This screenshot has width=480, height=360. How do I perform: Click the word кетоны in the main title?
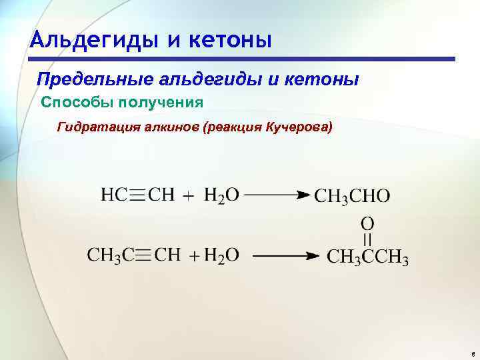pos(230,40)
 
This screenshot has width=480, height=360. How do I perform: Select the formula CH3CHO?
pos(352,196)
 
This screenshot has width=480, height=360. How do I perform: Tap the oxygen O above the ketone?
pos(367,223)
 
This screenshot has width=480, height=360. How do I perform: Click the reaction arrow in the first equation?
pos(278,195)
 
